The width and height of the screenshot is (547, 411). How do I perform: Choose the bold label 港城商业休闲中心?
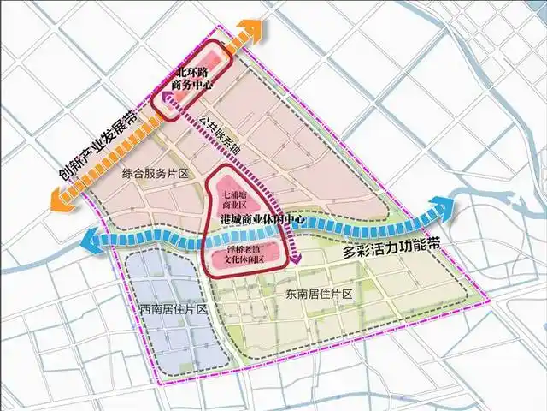(263, 219)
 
